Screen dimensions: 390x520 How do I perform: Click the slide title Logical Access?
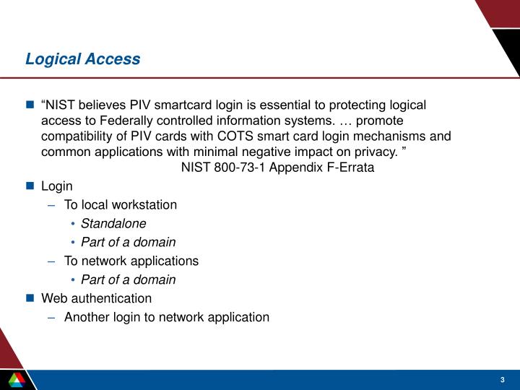82,59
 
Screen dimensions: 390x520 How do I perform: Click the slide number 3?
501,381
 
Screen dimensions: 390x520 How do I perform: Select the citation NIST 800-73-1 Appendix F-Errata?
277,168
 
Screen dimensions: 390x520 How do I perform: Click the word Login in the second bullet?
57,186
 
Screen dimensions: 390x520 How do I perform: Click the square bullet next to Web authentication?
30,298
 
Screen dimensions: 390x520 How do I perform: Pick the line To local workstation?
120,204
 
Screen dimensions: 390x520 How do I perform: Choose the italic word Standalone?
113,223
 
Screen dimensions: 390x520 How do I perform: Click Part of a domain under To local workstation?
128,242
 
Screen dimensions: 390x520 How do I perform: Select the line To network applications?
131,261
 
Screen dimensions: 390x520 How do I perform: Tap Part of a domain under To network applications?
128,279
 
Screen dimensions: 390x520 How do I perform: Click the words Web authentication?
97,298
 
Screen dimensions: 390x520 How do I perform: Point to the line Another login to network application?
166,316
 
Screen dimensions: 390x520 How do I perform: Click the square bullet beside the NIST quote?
30,105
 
